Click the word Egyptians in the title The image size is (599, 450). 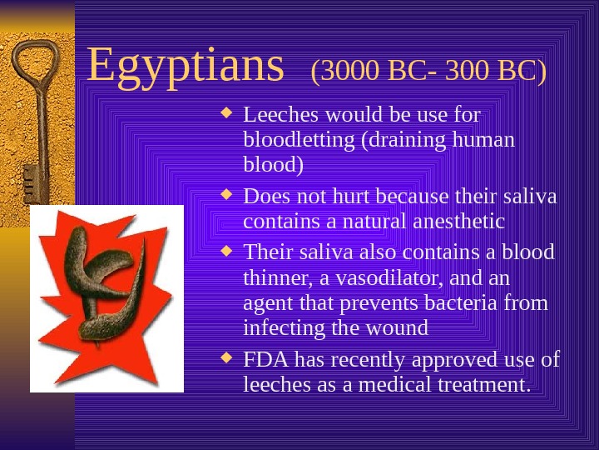[185, 67]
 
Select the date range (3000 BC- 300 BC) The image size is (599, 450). [428, 72]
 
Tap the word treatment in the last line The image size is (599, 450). [483, 385]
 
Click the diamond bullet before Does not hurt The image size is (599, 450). [230, 196]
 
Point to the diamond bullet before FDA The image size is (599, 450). [230, 359]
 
